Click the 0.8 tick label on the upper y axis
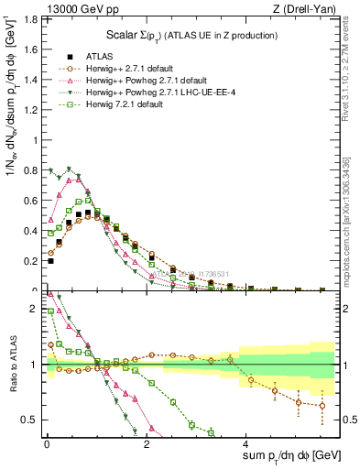30,170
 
